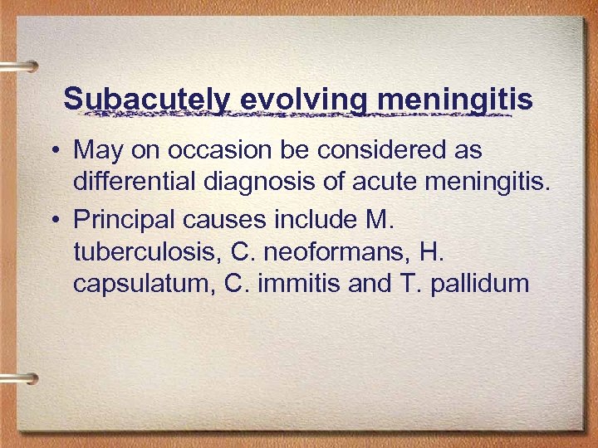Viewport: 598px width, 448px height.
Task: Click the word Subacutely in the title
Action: (146, 100)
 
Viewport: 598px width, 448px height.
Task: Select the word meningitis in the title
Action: (456, 100)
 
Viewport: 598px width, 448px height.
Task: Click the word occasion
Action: (228, 150)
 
